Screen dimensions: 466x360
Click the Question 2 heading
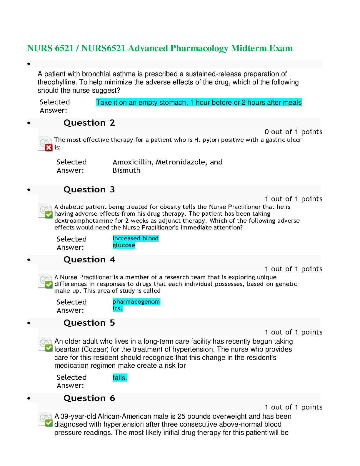(x=89, y=123)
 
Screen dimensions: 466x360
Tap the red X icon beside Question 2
(x=49, y=147)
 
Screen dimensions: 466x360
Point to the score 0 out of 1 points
(x=293, y=132)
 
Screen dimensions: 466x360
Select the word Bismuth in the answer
(x=126, y=170)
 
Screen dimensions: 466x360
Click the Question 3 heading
(x=89, y=190)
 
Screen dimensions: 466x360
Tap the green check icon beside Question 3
(x=49, y=214)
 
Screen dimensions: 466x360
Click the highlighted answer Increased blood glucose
(x=135, y=242)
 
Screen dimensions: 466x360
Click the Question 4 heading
(x=89, y=260)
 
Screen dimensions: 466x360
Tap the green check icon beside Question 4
(x=49, y=284)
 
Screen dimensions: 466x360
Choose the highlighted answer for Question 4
(x=136, y=305)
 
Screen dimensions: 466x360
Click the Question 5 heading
(x=89, y=323)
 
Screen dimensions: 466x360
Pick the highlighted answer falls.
(x=120, y=378)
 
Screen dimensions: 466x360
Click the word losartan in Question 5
(x=67, y=349)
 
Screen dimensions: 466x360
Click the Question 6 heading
(x=89, y=398)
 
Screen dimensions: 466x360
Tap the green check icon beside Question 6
(x=49, y=423)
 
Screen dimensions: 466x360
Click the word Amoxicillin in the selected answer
(x=133, y=162)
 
